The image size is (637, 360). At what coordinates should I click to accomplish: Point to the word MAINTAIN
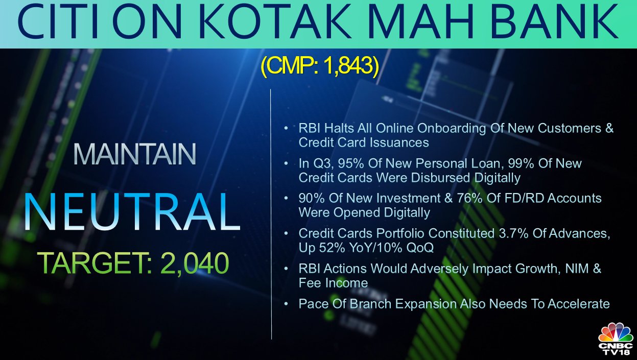[135, 154]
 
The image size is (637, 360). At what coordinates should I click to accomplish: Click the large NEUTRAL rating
[132, 211]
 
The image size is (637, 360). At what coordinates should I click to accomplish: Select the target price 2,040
[195, 263]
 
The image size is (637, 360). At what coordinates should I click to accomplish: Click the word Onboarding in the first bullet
[451, 129]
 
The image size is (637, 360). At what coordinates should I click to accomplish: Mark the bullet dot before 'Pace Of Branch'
[286, 304]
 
